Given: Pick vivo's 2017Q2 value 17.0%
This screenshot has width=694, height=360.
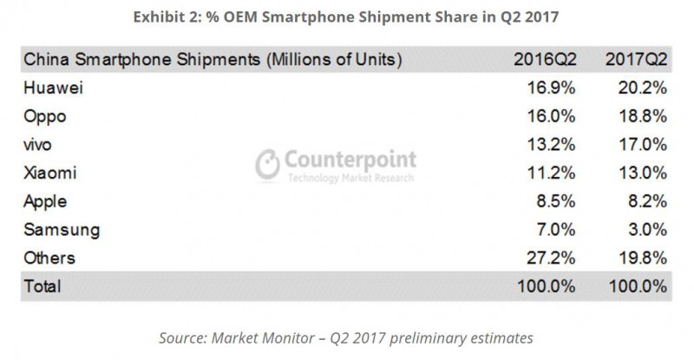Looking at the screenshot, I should [642, 145].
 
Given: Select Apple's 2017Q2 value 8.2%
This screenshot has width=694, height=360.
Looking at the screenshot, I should [646, 201].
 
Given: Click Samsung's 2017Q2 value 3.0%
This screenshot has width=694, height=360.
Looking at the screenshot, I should [646, 230].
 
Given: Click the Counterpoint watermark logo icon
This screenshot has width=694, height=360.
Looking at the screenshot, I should [268, 165].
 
